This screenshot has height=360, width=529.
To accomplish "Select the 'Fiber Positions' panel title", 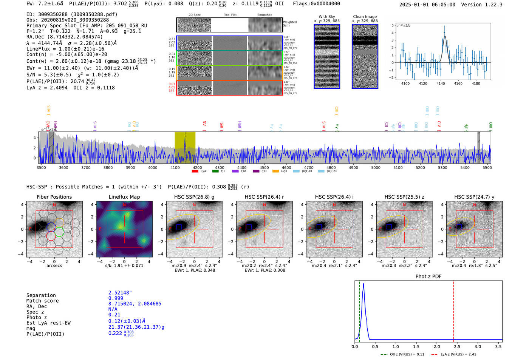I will coord(54,197).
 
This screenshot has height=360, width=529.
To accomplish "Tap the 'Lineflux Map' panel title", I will coord(124,197).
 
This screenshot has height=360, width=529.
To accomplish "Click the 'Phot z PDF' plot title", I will coord(428,277).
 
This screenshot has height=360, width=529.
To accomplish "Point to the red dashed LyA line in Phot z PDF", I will coord(453,310).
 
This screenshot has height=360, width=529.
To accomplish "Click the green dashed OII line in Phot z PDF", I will coord(359,310).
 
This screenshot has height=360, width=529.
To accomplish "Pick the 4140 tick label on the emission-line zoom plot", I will coord(441,83).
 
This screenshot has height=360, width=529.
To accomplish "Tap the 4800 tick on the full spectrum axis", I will coord(331,167).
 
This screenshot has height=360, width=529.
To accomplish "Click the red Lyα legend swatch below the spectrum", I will coord(195,172).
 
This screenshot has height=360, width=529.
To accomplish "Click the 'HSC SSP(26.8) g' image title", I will coord(194,197).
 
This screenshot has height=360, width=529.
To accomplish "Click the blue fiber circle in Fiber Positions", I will coord(51,227).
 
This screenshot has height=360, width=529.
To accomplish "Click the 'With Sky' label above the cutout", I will coord(327,17).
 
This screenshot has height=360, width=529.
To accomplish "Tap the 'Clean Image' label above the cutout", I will coord(365,17).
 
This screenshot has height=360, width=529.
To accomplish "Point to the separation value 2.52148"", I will coord(120,293).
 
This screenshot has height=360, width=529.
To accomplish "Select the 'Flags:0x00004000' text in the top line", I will coord(316,4).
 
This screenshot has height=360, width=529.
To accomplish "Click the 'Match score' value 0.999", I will coord(116,298).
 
